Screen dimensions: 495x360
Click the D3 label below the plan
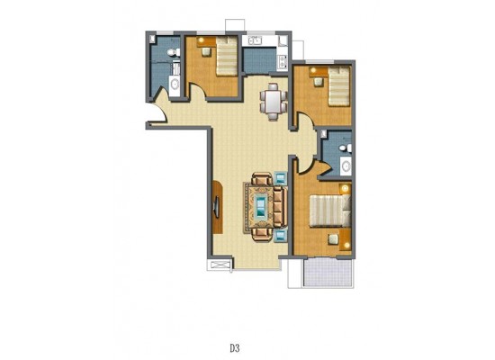[235, 348]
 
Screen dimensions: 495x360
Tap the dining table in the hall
[273, 102]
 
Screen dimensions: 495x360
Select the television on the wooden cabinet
[217, 207]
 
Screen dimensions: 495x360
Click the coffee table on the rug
[261, 206]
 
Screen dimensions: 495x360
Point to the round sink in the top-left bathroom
[175, 84]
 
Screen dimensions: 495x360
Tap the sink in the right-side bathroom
[346, 166]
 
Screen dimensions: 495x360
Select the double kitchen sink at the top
[255, 40]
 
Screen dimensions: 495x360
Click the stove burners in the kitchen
[283, 61]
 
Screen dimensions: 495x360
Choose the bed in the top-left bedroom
[226, 56]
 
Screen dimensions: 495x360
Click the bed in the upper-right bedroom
[339, 85]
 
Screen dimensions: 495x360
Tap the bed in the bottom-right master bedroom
[330, 211]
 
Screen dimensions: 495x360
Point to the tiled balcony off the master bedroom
[328, 273]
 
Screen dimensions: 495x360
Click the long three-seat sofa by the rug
[279, 206]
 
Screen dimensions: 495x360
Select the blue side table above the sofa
[280, 178]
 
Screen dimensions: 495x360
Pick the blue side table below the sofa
[280, 236]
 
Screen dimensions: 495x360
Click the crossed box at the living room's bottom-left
[220, 265]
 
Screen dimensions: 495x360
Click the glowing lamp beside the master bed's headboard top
[346, 188]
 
